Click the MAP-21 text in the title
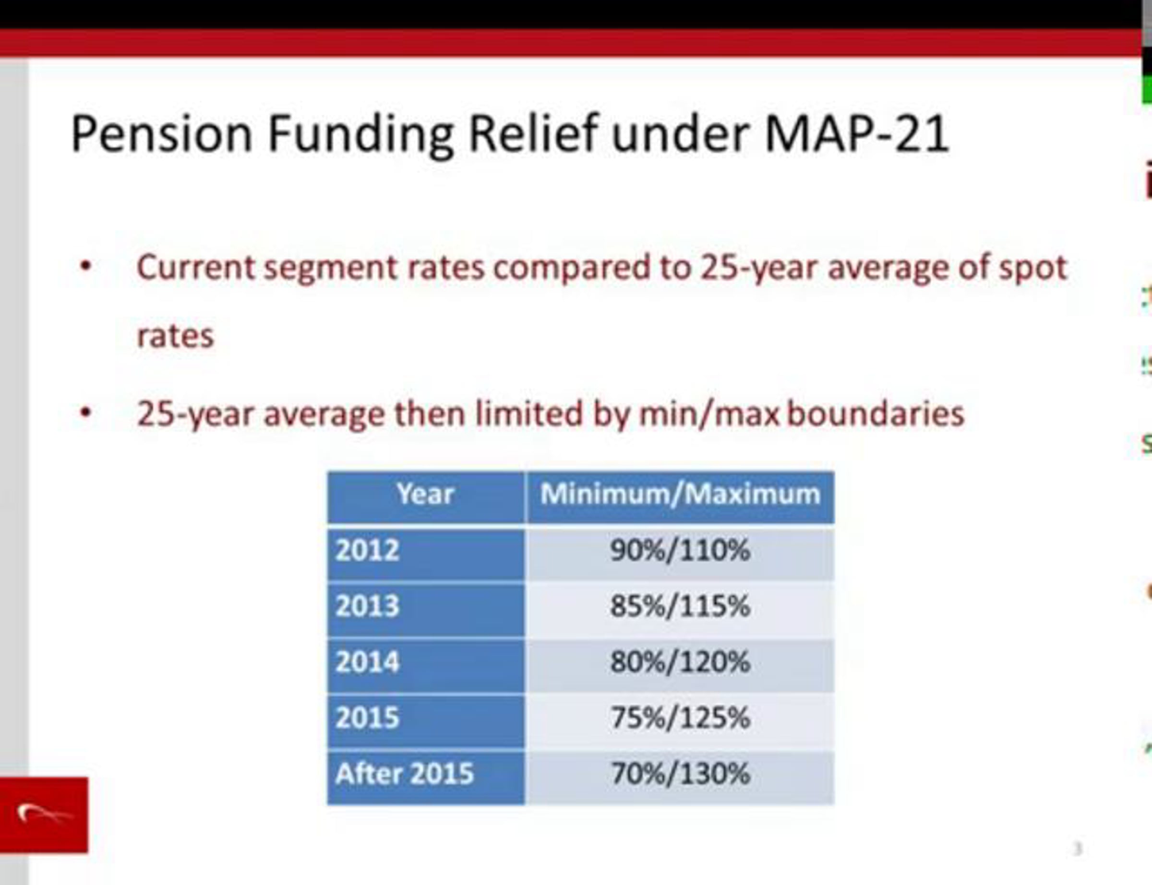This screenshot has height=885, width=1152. click(x=856, y=134)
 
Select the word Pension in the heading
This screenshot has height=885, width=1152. click(x=161, y=134)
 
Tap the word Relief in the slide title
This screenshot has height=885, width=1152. click(x=533, y=134)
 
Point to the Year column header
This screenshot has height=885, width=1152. click(x=425, y=494)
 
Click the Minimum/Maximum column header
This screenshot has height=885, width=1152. click(x=680, y=494)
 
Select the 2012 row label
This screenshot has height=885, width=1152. click(x=367, y=551)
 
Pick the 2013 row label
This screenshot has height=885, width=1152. click(x=367, y=606)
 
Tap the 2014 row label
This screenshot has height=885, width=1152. click(x=367, y=662)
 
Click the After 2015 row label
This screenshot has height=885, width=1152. click(x=404, y=774)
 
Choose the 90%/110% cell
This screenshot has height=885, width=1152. click(x=680, y=551)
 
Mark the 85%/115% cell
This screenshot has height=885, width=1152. click(x=680, y=606)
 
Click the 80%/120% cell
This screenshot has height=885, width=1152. click(x=680, y=662)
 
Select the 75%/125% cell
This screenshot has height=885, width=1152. click(x=680, y=718)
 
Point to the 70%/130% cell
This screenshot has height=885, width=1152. click(x=680, y=774)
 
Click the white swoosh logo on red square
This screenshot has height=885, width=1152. click(x=44, y=814)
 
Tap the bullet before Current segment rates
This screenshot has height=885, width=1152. click(x=85, y=267)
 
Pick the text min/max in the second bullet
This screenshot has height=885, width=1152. click(x=709, y=414)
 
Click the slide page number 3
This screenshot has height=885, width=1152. click(x=1078, y=849)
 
